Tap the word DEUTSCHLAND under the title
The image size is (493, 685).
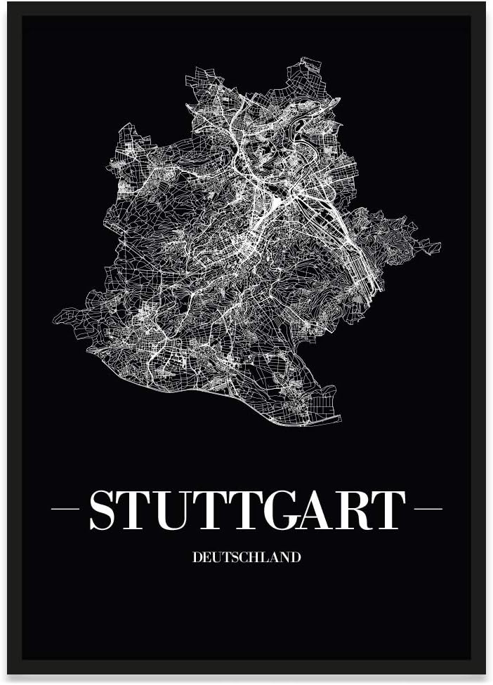(x=246, y=557)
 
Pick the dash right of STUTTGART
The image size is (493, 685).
(x=428, y=509)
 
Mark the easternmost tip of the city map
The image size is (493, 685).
(x=440, y=246)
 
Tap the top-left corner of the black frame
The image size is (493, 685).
(x=8, y=3)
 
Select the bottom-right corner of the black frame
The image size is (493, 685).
(x=485, y=674)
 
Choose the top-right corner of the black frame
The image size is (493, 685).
(x=485, y=3)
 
